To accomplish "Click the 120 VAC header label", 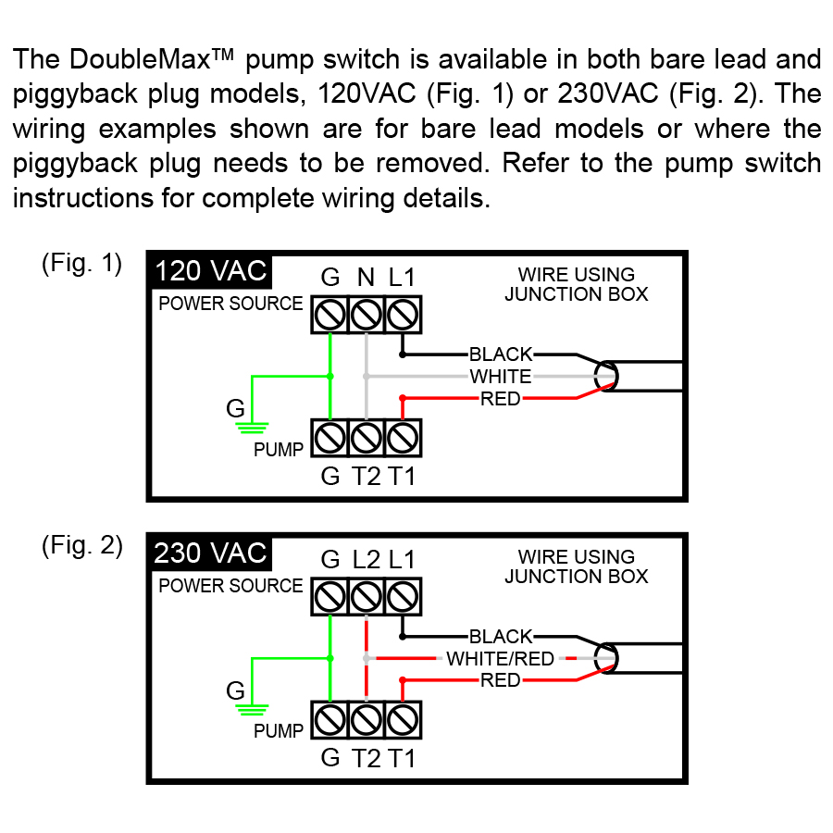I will pos(210,271).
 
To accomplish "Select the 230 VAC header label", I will pos(210,553).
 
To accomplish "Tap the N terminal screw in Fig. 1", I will pos(367,317).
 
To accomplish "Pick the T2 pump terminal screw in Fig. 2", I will pos(367,718).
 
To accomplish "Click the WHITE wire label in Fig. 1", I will pos(501,377).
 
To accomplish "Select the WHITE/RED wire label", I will pos(501,659).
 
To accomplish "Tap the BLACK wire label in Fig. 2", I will pos(501,637).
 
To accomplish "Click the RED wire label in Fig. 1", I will pos(501,400).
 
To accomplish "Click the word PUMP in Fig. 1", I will pos(279,451).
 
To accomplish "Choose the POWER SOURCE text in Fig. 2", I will pos(230,586).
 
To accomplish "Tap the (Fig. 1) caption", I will pos(81,264).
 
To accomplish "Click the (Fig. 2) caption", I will pos(81,546).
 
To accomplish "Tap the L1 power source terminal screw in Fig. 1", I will pos(402,317).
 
